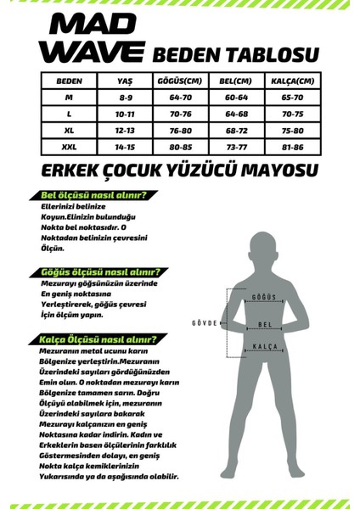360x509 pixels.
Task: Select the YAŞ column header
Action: [x=125, y=82]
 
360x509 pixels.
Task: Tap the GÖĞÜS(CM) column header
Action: [x=180, y=82]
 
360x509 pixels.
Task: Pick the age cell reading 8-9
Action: [x=125, y=98]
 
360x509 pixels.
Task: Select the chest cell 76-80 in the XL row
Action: [x=180, y=131]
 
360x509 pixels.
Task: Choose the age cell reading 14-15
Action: [x=125, y=147]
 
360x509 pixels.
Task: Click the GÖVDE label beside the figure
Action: [x=204, y=324]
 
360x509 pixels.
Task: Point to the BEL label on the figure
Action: [x=266, y=324]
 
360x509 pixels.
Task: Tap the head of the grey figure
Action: [x=266, y=242]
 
